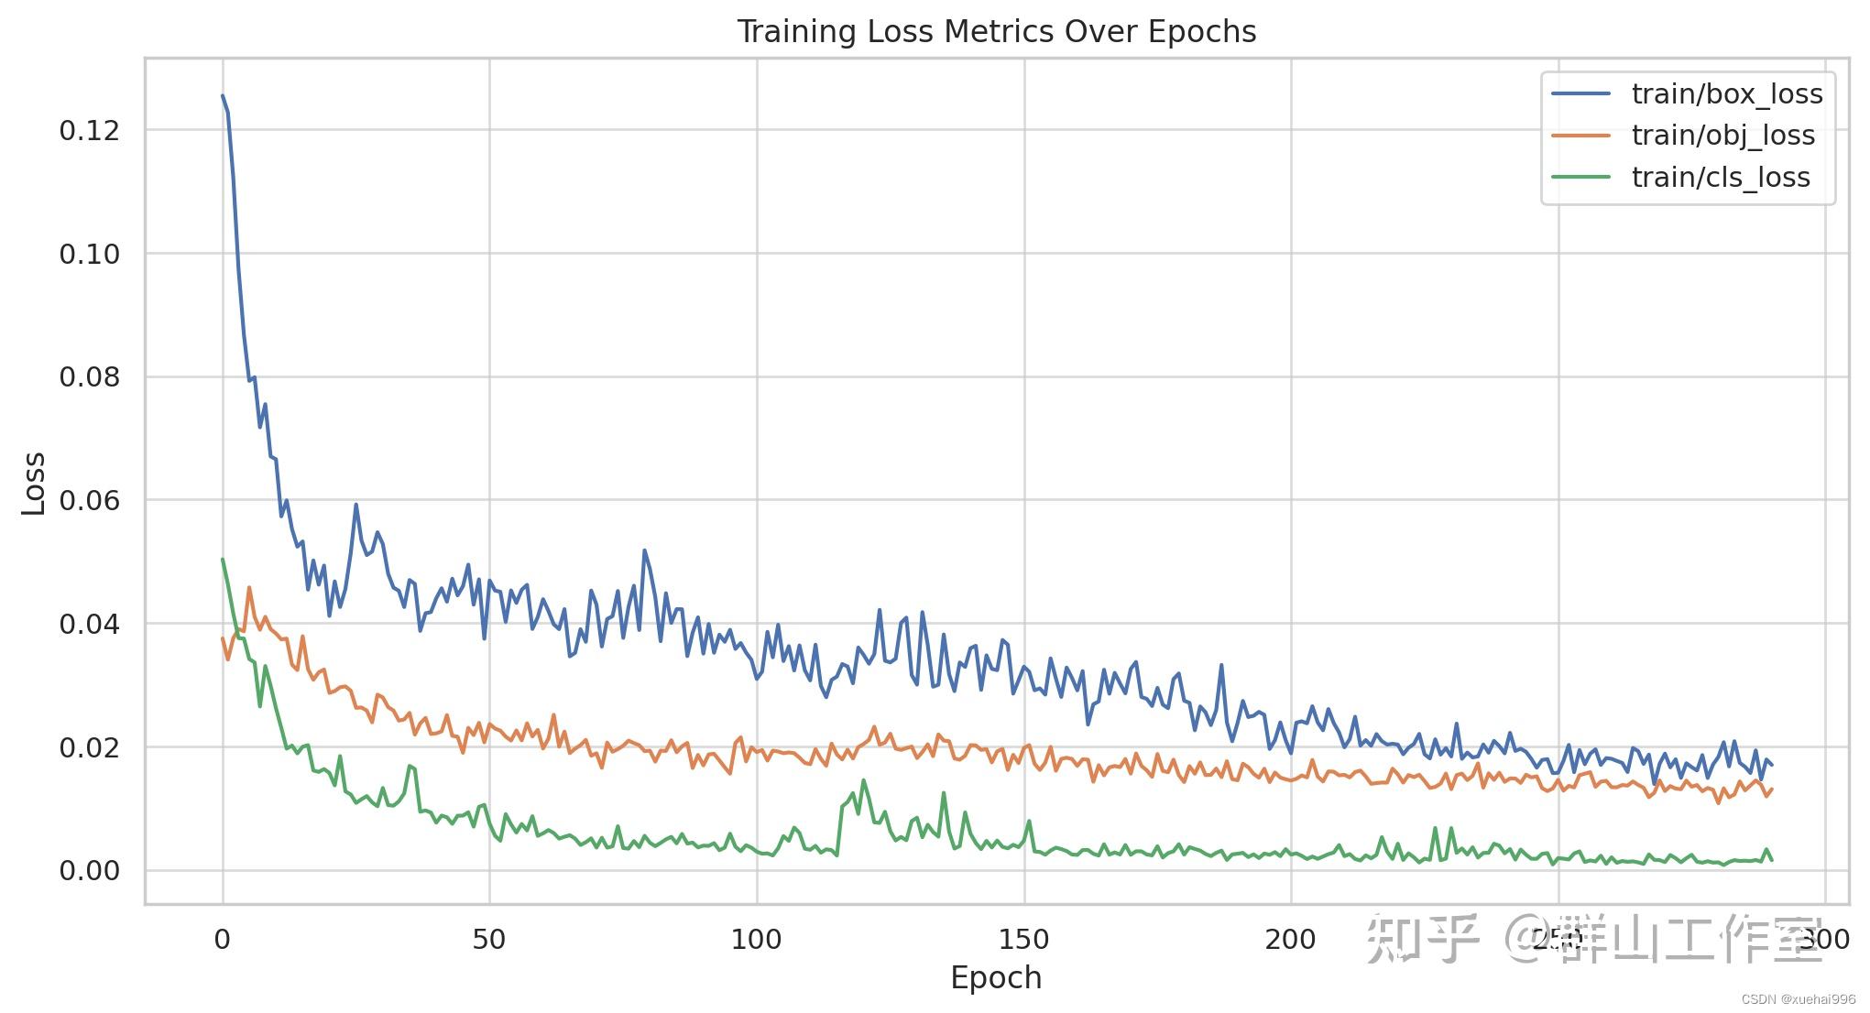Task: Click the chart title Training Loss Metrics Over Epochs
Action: click(996, 32)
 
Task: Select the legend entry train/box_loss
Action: click(1726, 94)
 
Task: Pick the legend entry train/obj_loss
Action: click(1722, 136)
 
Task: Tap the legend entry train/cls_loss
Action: click(1720, 178)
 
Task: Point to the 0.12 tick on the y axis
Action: click(90, 131)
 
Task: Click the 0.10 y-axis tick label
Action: click(90, 255)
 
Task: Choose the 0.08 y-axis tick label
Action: click(90, 377)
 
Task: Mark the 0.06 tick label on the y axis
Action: click(90, 501)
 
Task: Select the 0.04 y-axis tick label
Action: click(90, 625)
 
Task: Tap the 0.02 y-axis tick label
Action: click(90, 748)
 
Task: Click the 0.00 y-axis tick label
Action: click(90, 871)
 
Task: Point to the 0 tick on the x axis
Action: click(223, 939)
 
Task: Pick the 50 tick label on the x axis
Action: click(489, 939)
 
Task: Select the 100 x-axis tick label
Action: click(757, 939)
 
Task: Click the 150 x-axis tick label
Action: click(1023, 939)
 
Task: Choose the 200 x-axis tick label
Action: click(1290, 939)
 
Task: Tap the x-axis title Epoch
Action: click(996, 978)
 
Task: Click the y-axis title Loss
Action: click(34, 483)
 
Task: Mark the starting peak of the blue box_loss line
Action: click(223, 95)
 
